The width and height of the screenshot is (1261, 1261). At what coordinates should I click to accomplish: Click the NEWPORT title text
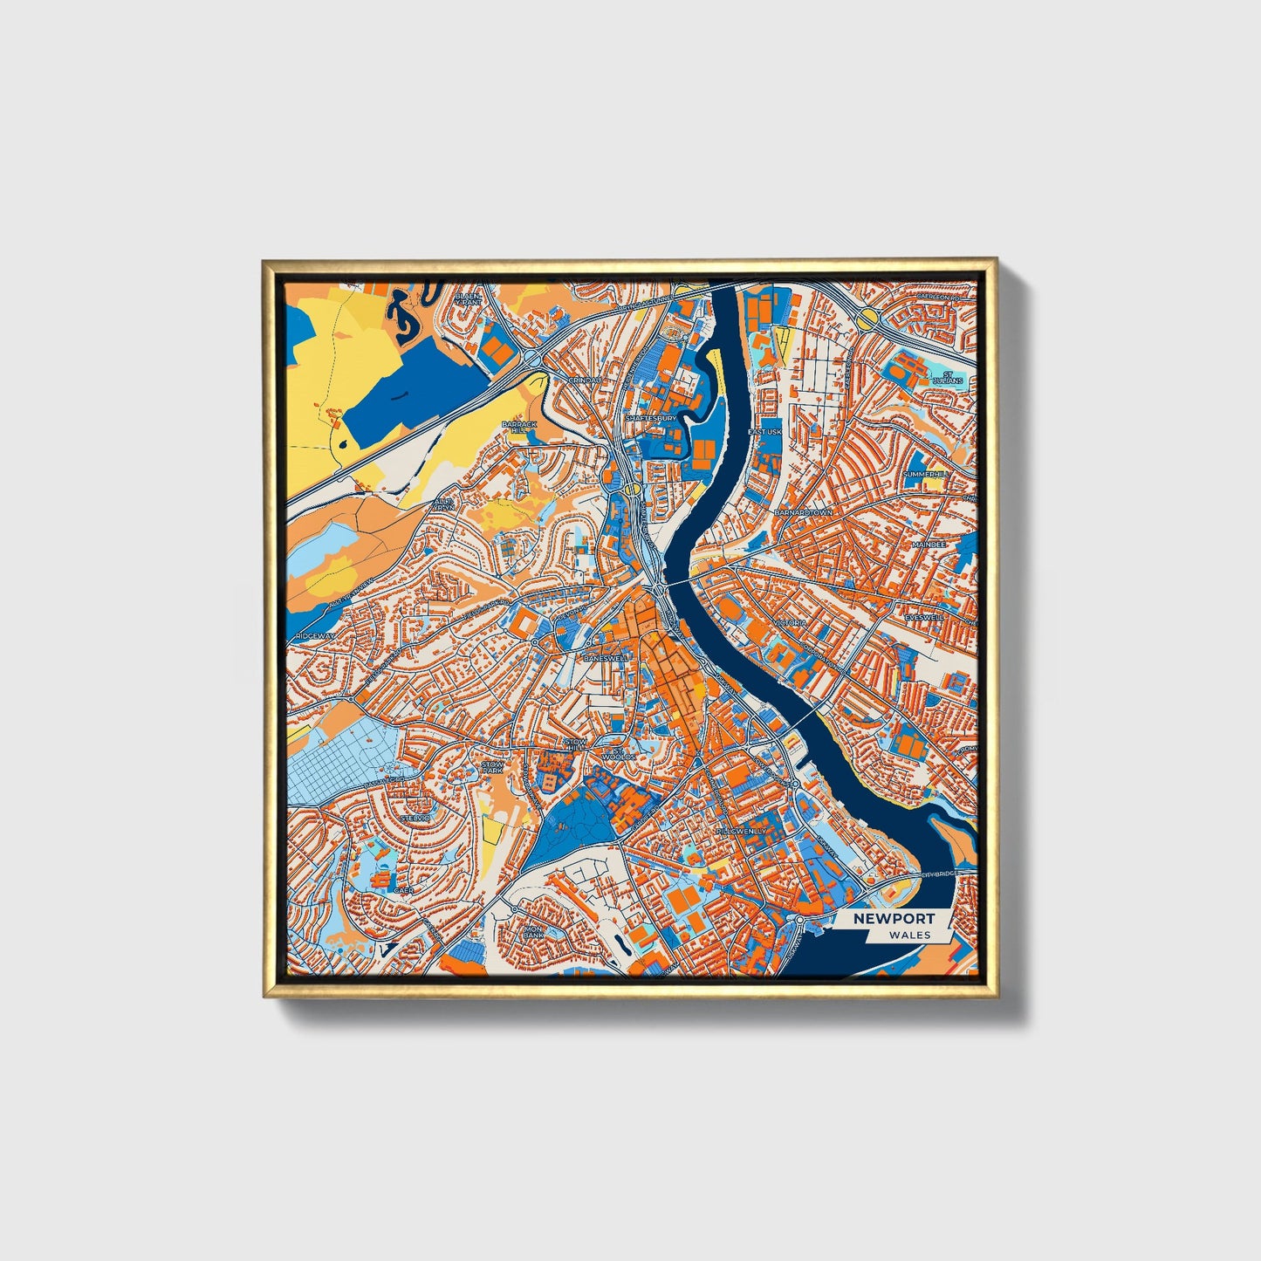(x=894, y=918)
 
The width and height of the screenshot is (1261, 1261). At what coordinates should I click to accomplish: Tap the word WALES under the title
(x=909, y=935)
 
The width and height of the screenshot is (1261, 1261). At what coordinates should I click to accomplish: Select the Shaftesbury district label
(x=650, y=419)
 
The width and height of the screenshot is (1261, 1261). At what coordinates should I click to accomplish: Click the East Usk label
(x=765, y=432)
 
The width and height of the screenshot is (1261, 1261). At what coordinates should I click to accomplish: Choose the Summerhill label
(x=924, y=474)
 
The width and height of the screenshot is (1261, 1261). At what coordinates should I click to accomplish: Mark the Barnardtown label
(x=802, y=513)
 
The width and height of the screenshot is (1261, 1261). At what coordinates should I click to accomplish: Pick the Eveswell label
(x=924, y=617)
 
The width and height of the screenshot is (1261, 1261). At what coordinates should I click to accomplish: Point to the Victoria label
(x=789, y=623)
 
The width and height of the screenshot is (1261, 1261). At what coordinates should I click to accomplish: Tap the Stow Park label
(x=493, y=768)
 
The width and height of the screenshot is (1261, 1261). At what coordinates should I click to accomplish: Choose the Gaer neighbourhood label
(x=403, y=889)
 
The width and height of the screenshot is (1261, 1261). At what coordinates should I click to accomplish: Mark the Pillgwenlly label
(x=741, y=832)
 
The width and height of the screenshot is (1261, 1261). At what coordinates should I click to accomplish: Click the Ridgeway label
(x=315, y=636)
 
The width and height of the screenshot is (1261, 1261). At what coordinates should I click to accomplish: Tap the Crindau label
(x=584, y=380)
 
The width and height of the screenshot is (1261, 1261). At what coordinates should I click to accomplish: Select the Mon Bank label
(x=533, y=932)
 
